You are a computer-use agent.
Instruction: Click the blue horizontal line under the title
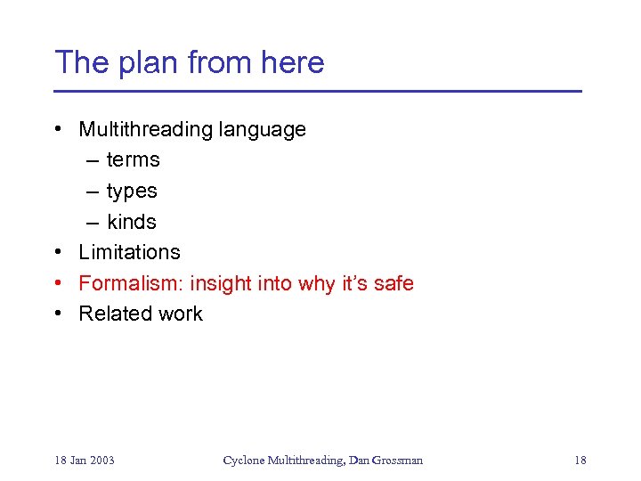[x=317, y=92]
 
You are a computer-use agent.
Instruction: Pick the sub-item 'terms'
[x=133, y=160]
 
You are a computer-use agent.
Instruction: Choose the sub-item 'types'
[x=132, y=192]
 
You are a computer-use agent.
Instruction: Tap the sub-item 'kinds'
[x=131, y=222]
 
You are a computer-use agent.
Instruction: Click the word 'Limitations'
[x=129, y=252]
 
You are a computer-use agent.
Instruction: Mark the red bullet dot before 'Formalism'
[x=58, y=283]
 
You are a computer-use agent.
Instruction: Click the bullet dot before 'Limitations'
[x=58, y=252]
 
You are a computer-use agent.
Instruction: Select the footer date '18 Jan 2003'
[x=84, y=461]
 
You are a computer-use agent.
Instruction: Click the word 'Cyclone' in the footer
[x=242, y=461]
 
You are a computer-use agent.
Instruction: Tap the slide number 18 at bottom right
[x=580, y=461]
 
